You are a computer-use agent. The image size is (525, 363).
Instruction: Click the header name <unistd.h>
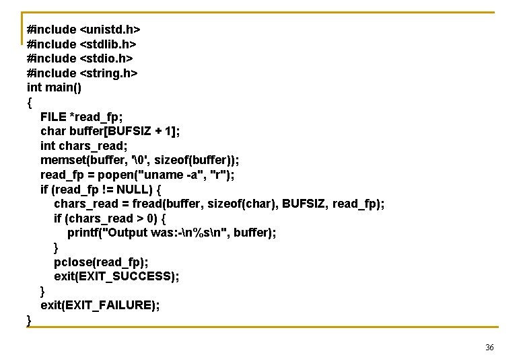(110, 30)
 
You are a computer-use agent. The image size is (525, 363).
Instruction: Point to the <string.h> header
(108, 73)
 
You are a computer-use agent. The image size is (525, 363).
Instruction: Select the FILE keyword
(54, 116)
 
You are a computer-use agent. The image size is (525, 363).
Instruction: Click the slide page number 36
(489, 348)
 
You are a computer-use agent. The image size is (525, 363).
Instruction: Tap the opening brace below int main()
(30, 102)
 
